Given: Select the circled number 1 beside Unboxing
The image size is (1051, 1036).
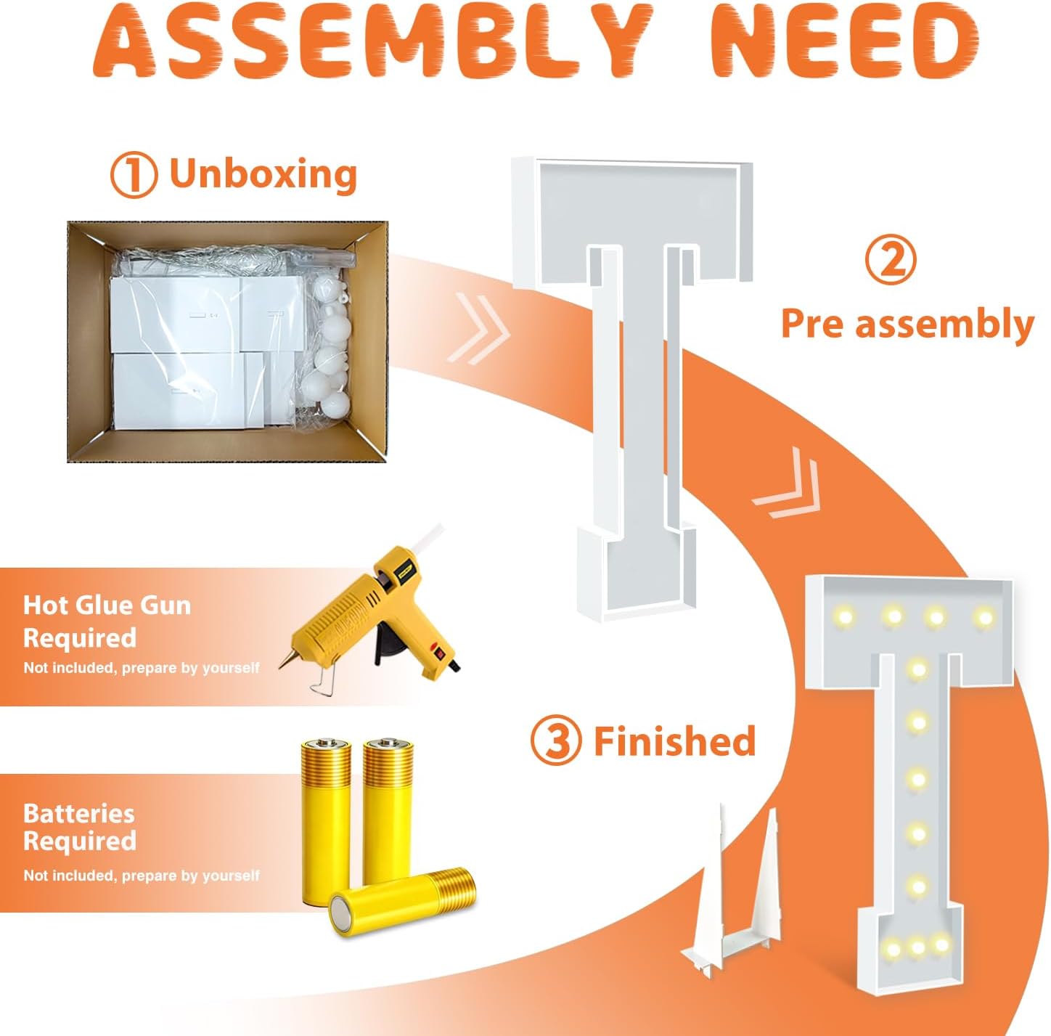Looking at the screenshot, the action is click(134, 174).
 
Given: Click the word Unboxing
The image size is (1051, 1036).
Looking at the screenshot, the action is click(263, 174).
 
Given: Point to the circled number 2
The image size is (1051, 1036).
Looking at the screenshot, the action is click(891, 261).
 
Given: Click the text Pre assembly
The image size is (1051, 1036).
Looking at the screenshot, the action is click(907, 324).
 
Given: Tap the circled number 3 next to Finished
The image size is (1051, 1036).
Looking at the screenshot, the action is click(555, 741).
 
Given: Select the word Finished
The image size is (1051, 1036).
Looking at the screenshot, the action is click(674, 741).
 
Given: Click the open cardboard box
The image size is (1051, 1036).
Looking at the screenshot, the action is click(227, 341).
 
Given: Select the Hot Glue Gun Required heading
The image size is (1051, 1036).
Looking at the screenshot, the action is click(107, 621).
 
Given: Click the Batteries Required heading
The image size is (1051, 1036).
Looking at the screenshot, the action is click(80, 827).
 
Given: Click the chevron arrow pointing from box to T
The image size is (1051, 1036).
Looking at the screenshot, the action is click(478, 328).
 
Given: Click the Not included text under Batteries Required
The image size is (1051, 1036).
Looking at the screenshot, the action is click(142, 876).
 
